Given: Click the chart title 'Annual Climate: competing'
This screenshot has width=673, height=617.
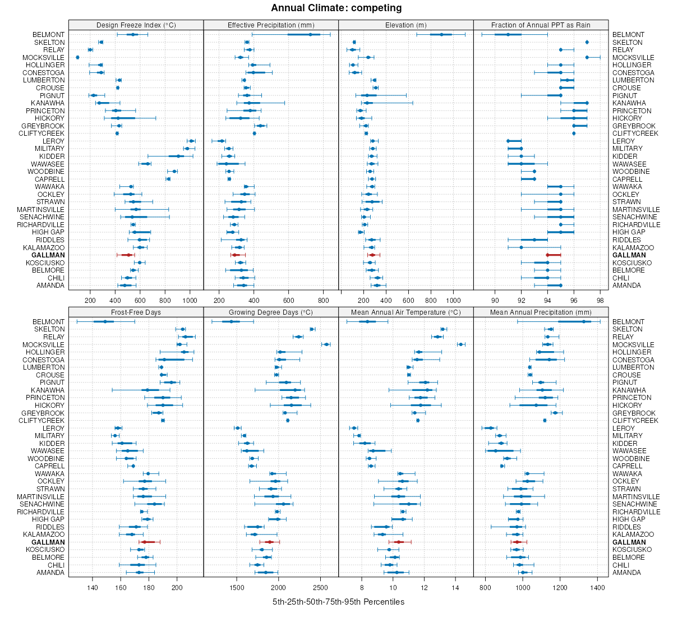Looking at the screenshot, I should [x=336, y=8].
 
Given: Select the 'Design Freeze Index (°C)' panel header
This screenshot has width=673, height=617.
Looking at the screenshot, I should [x=136, y=25].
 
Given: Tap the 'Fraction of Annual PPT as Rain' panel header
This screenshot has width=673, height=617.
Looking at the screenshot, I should [x=541, y=25].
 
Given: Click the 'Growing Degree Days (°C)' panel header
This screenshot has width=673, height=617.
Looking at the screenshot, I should [x=271, y=312].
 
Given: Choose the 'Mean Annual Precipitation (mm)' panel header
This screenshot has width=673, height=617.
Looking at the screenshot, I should [x=541, y=312].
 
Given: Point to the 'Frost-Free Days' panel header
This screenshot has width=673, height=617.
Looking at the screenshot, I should [x=136, y=312].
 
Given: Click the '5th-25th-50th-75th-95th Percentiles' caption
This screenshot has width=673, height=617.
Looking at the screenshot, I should [x=338, y=602].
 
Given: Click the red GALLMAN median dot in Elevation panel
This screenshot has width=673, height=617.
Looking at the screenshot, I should [x=372, y=255].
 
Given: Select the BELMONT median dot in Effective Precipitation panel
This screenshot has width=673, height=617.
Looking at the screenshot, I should [x=310, y=35].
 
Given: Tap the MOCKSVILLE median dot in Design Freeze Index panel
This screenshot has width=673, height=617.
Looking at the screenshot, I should [x=77, y=58].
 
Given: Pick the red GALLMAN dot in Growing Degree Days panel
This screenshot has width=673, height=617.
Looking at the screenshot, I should [x=270, y=542].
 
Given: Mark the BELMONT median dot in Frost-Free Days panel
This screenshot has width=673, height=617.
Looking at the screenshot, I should [x=105, y=322].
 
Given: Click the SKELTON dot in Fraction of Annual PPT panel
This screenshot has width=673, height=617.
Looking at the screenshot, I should [x=587, y=43].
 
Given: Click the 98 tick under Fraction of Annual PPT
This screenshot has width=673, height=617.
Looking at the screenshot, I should [x=600, y=300].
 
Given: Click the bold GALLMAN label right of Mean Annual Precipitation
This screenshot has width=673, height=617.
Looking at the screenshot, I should [x=629, y=542].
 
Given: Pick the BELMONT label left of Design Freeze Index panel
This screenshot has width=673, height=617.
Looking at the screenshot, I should [x=48, y=35].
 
